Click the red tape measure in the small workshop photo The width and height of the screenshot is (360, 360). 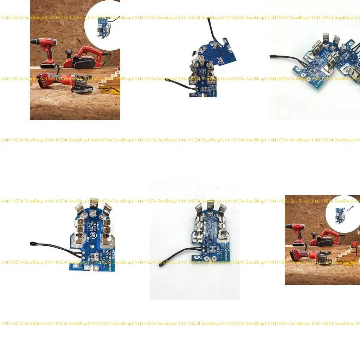tap(355, 244)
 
